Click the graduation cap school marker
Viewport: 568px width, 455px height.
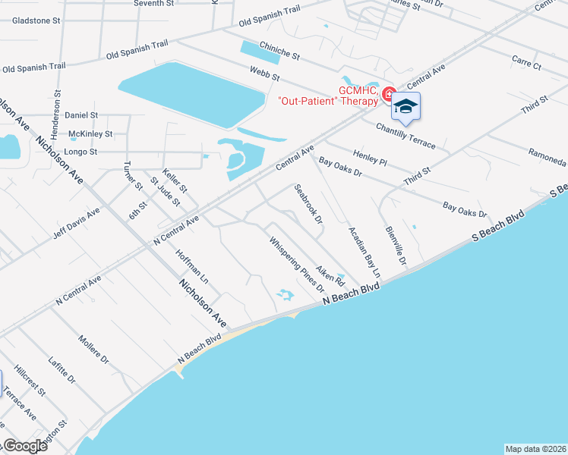(405, 107)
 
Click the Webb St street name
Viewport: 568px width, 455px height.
(265, 74)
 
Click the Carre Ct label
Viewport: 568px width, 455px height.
(525, 63)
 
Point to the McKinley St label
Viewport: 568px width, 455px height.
(90, 133)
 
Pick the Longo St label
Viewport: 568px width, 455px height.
(82, 152)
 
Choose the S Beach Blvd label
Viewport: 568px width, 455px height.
(497, 226)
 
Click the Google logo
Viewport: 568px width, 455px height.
(24, 446)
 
